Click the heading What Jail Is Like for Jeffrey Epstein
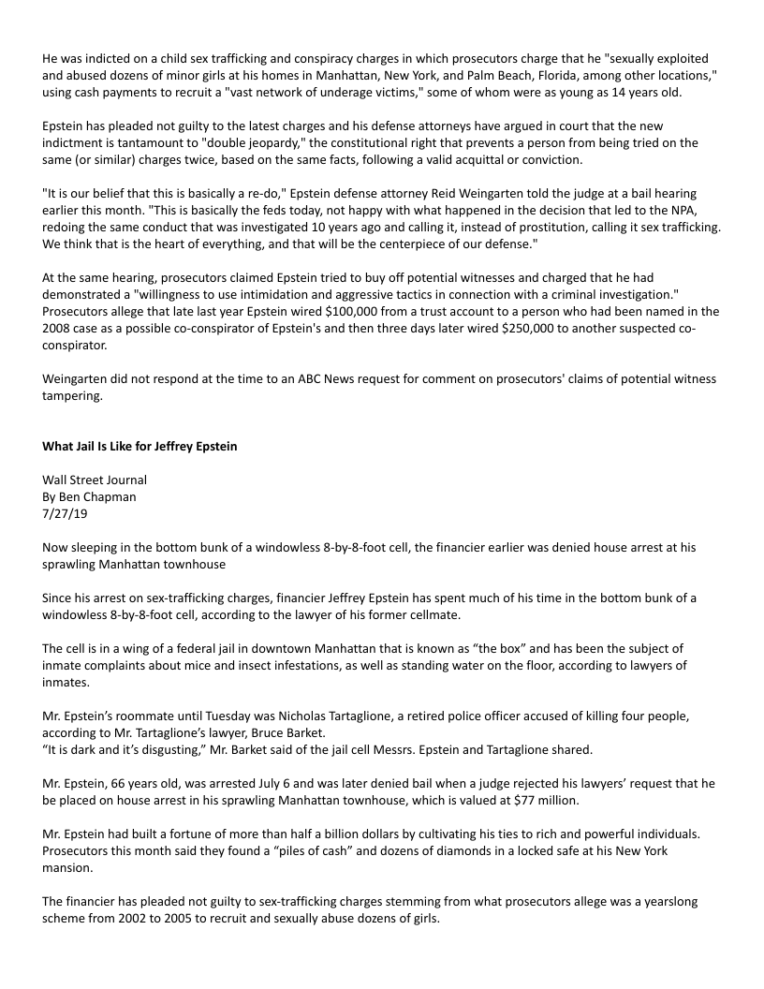[140, 446]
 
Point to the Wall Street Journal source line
[95, 480]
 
